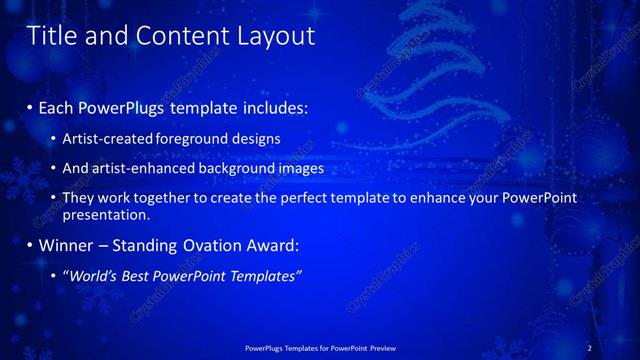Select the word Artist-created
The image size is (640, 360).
[108, 138]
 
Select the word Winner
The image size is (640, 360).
[66, 245]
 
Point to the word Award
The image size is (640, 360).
[272, 245]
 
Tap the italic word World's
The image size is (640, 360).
[93, 275]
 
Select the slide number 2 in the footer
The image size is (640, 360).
[589, 348]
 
